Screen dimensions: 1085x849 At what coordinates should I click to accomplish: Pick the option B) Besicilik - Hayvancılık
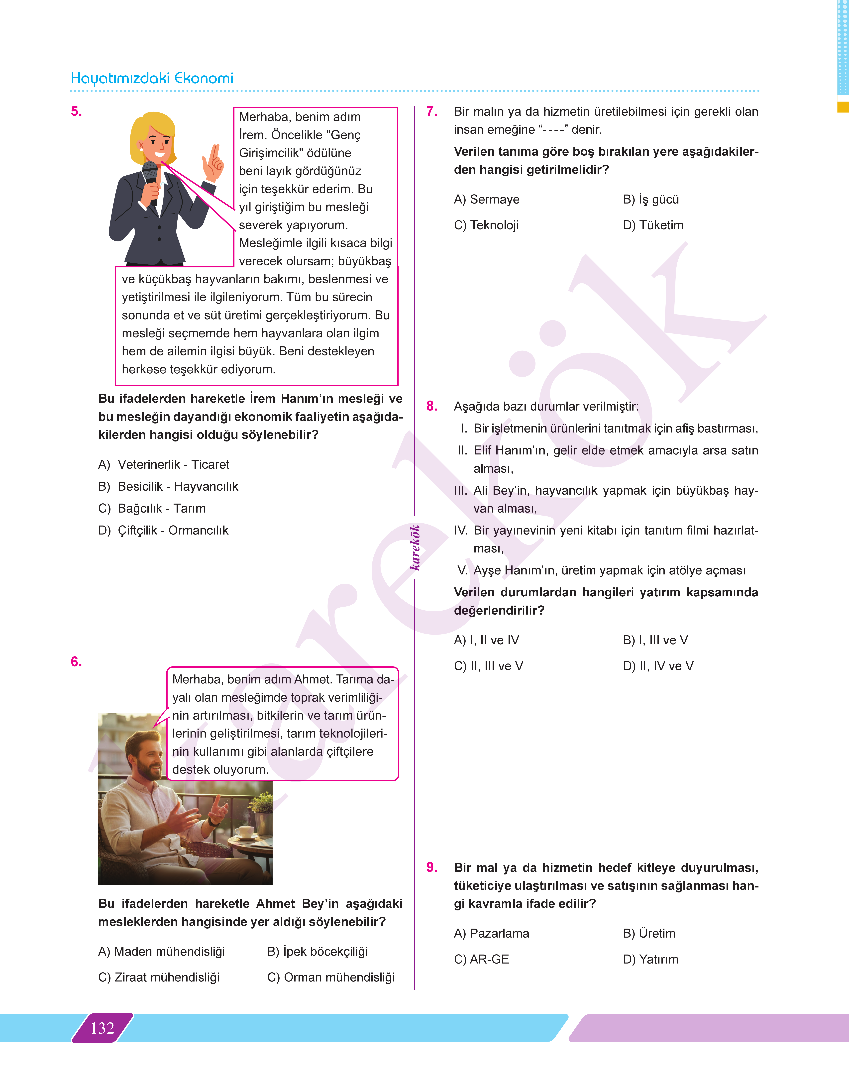(168, 486)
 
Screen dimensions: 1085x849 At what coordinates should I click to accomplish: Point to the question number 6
(76, 661)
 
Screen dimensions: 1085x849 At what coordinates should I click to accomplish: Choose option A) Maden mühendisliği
(162, 951)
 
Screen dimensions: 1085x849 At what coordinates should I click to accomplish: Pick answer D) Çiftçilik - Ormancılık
(163, 530)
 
